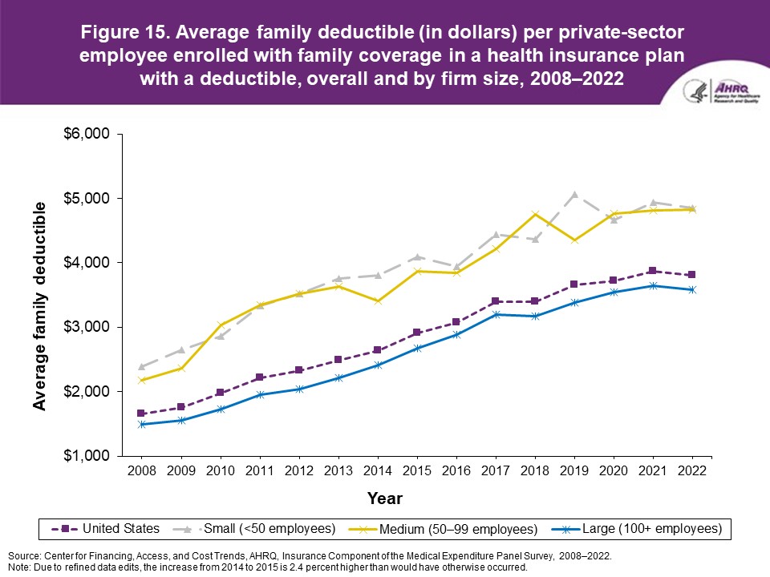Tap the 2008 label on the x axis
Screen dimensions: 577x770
pos(141,470)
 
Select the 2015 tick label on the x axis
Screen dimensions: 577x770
pos(417,470)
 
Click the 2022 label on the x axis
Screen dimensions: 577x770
pos(691,470)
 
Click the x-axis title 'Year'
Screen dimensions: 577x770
pos(385,498)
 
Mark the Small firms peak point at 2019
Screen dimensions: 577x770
pos(574,194)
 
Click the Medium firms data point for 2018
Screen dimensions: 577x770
pos(535,214)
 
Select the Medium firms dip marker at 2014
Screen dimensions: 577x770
pos(378,301)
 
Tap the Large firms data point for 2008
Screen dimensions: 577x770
pos(141,424)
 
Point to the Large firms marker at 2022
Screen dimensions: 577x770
pos(691,289)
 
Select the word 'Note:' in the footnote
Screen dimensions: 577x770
pos(19,566)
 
